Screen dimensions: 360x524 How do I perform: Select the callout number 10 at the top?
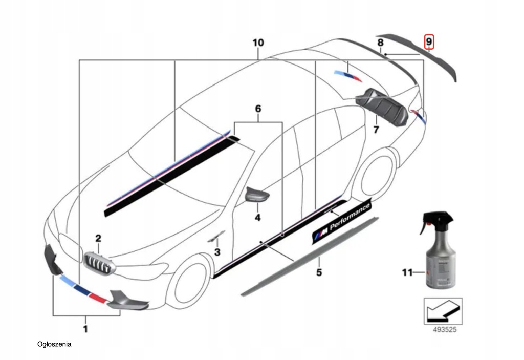(258, 42)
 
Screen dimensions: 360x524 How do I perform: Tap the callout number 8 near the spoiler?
(380, 43)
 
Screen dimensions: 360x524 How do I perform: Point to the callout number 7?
(376, 130)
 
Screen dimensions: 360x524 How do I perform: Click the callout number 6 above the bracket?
(258, 109)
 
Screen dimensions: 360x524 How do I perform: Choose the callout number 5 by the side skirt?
(319, 272)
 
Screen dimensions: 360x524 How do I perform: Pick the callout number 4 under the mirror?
(257, 218)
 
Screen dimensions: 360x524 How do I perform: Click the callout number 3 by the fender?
(217, 252)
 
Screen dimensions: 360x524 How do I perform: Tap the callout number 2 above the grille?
(98, 238)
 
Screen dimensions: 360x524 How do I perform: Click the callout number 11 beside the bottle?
(407, 273)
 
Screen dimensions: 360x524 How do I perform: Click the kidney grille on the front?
(100, 263)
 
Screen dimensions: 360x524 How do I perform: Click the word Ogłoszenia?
(55, 344)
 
